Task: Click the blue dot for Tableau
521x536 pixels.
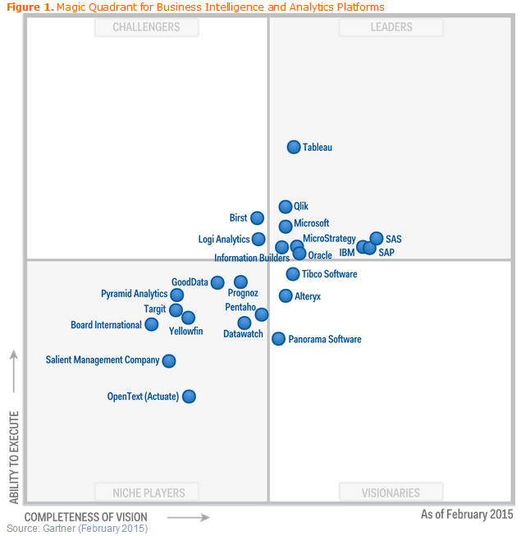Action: point(294,147)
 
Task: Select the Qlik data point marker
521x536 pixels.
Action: point(286,207)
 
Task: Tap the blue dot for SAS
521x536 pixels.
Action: point(377,239)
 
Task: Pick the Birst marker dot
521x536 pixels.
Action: point(257,218)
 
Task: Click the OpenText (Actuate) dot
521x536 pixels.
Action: point(189,396)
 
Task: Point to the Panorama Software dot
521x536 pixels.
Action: point(279,338)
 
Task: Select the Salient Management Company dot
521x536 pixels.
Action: point(169,360)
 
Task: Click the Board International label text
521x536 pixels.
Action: point(106,325)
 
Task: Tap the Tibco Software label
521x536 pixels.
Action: point(329,274)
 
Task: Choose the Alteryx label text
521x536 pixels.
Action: point(308,296)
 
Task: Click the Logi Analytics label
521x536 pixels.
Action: point(224,240)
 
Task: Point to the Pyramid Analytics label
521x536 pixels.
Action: point(135,294)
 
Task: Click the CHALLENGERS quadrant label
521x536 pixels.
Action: point(147,27)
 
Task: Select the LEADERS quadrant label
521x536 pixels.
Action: point(391,27)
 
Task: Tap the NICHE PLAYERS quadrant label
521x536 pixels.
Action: point(147,493)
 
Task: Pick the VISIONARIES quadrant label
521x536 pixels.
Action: point(391,493)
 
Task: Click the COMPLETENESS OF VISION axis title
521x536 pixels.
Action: point(86,517)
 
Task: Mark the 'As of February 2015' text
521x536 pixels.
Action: point(466,515)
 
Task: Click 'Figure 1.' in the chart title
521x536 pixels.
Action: point(30,7)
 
